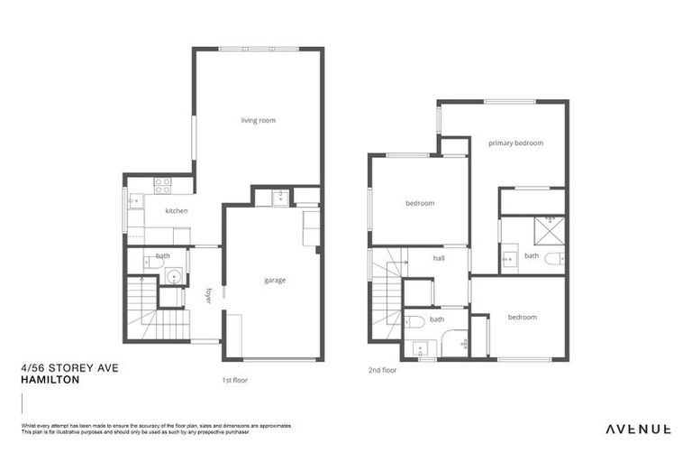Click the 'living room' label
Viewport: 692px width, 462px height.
[258, 120]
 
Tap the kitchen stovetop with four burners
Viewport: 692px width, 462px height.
[162, 185]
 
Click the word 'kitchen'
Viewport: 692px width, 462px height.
[176, 211]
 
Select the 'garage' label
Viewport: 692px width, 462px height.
[275, 281]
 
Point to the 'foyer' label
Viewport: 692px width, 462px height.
[209, 295]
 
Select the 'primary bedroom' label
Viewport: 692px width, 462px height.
[515, 143]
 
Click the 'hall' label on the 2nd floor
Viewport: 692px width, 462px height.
[439, 258]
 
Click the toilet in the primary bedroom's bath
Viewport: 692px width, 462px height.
[553, 258]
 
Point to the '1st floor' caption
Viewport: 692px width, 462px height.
[234, 380]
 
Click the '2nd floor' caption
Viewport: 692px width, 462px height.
[383, 370]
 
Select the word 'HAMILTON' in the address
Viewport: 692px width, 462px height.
[50, 381]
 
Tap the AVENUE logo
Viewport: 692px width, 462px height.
[638, 429]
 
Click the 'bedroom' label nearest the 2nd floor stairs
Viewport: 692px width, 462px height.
[420, 203]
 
